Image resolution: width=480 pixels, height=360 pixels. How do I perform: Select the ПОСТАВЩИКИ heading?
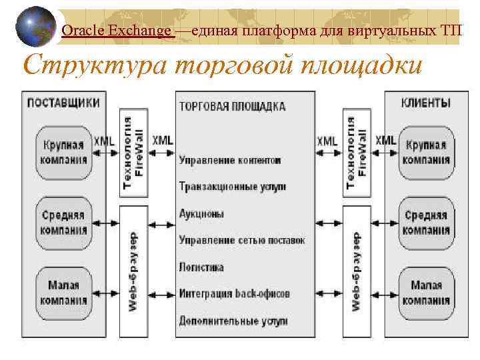pos(63,103)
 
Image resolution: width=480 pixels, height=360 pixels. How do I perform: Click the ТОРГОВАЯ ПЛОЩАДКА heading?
pos(232,106)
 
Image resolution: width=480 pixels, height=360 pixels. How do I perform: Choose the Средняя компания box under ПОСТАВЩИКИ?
pos(63,223)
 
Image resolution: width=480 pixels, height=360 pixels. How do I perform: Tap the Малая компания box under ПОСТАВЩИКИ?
pos(63,293)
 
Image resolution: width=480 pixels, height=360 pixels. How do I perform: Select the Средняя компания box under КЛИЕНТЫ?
pos(427,223)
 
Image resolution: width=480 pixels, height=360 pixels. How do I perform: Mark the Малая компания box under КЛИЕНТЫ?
pos(427,293)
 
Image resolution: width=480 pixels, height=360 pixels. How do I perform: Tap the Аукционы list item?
pos(201,214)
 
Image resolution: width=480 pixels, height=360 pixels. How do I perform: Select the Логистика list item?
pos(201,267)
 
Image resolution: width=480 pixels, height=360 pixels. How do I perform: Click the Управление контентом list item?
pos(229,161)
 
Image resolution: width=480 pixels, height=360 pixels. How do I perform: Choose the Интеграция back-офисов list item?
pos(234,293)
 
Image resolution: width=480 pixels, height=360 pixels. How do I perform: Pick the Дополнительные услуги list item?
pos(233,321)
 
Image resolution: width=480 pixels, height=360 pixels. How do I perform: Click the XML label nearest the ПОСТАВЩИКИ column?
pos(104,141)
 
